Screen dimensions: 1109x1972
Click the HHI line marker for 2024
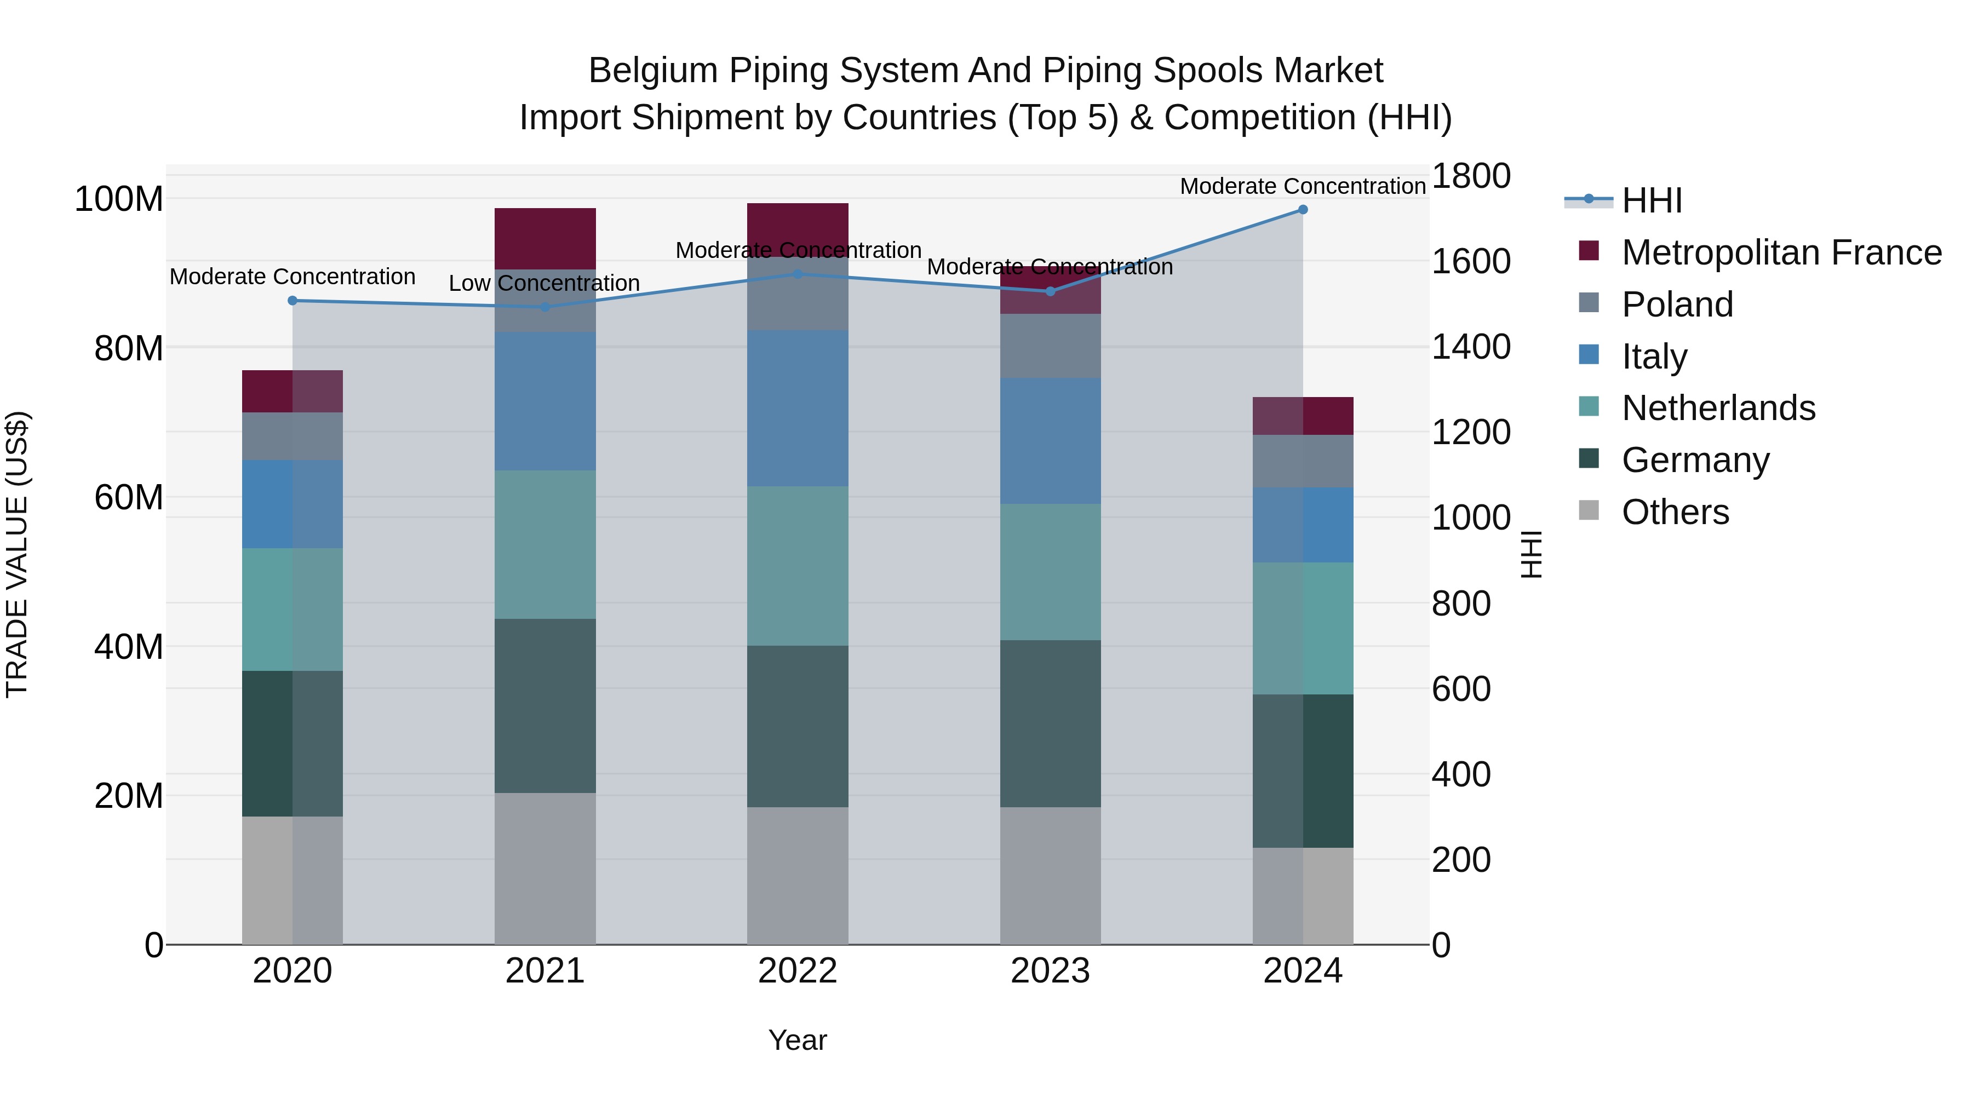(x=1303, y=210)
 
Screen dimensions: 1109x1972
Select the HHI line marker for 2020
(x=293, y=301)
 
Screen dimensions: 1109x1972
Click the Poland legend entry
(x=1677, y=304)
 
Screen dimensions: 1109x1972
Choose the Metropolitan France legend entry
(x=1781, y=252)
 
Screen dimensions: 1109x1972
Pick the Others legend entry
(x=1675, y=512)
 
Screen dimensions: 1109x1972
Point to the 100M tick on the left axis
(x=119, y=199)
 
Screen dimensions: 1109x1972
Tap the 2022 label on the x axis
(x=798, y=971)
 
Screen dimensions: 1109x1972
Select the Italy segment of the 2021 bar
(x=545, y=401)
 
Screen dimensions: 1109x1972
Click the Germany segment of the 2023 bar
(x=1050, y=723)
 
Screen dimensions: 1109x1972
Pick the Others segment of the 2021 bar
(x=545, y=868)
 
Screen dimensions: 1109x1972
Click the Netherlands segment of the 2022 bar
(x=798, y=566)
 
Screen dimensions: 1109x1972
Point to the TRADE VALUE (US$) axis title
(x=17, y=554)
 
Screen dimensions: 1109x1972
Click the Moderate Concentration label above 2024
(x=1303, y=186)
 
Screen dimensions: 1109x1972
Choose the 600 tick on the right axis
(x=1460, y=689)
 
